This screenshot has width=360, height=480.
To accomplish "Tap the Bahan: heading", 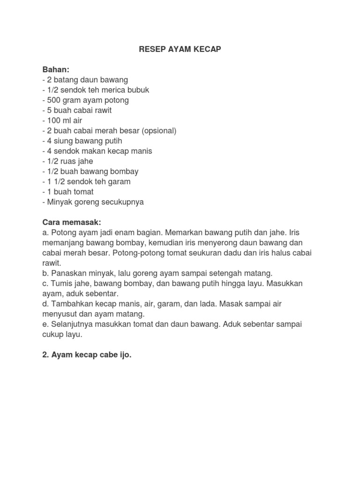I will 56,69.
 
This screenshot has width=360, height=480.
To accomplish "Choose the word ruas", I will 70,161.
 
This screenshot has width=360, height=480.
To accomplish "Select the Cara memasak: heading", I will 72,222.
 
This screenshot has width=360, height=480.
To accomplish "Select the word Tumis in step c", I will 60,284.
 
